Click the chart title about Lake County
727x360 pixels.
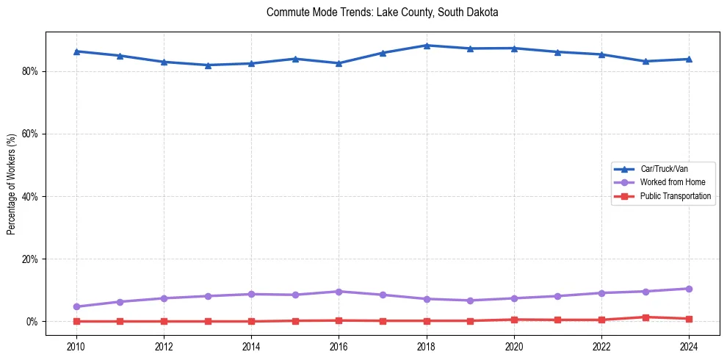[383, 13]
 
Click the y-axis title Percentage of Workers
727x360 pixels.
[11, 184]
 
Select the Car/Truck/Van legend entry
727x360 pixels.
[664, 169]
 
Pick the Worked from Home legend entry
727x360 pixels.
[672, 182]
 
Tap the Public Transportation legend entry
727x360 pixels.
[675, 196]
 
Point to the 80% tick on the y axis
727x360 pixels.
[30, 71]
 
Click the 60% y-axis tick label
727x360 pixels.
[30, 134]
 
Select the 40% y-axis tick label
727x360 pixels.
[30, 197]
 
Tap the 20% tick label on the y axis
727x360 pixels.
[30, 259]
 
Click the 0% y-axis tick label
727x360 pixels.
[32, 322]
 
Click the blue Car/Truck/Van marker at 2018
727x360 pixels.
[427, 46]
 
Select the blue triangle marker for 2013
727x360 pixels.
[208, 65]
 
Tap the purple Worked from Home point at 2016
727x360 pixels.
[339, 292]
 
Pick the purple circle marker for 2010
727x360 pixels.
[76, 306]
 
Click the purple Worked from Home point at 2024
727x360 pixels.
[689, 289]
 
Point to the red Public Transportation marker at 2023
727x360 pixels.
[645, 317]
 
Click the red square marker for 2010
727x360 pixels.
[76, 321]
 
